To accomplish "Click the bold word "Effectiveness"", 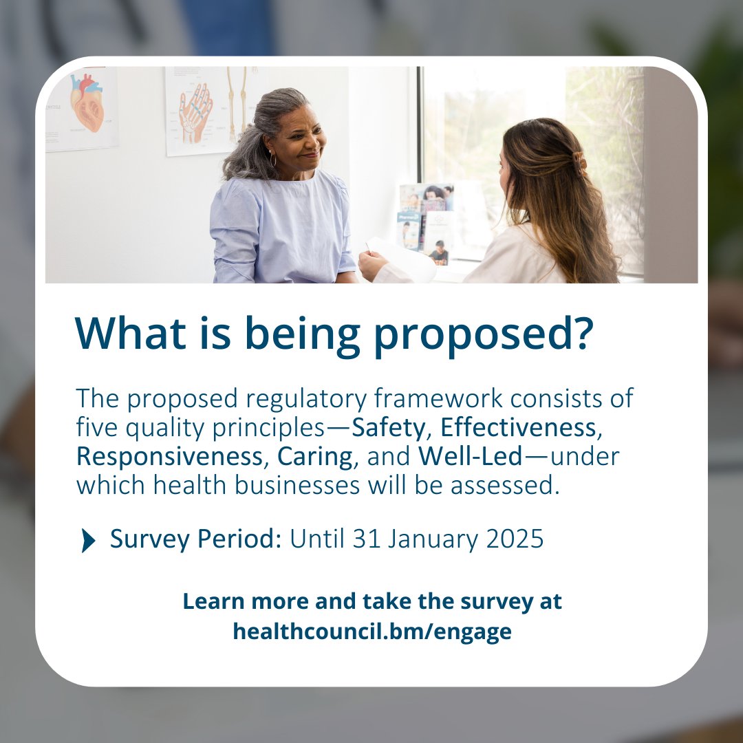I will click(x=518, y=428).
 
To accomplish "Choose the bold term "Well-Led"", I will click(x=470, y=457).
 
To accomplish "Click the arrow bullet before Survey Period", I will click(x=88, y=541).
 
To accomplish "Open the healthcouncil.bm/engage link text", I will click(x=371, y=631).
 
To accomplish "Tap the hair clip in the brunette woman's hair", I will click(x=579, y=162).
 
